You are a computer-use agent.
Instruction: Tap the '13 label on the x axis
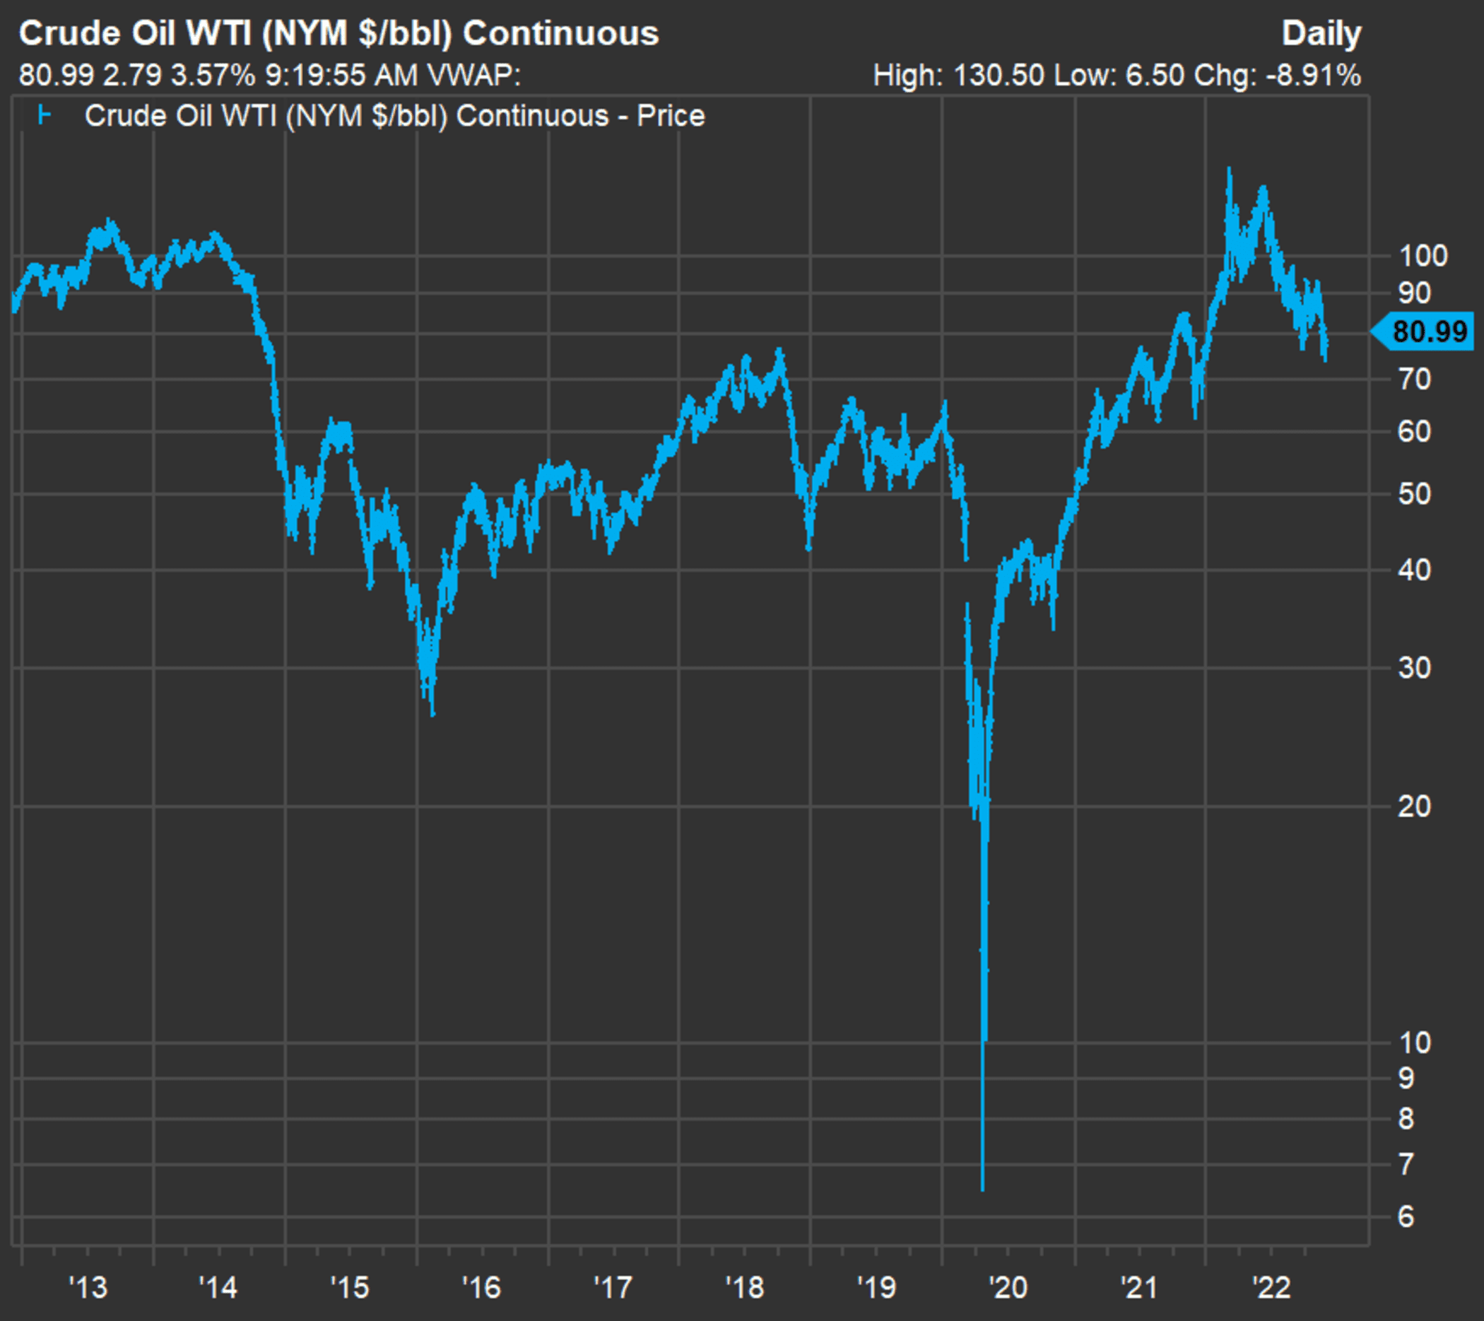click(88, 1288)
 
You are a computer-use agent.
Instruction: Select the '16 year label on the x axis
click(481, 1288)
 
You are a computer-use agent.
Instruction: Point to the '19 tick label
click(876, 1288)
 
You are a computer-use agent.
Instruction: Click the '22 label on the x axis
click(1271, 1288)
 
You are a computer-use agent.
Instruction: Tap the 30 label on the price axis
click(1414, 668)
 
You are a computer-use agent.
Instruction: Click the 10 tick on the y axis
click(1414, 1043)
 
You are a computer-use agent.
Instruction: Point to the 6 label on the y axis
click(1406, 1217)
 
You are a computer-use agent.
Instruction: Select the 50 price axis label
click(1414, 495)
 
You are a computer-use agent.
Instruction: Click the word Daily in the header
click(1321, 33)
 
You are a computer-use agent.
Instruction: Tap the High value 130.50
click(999, 76)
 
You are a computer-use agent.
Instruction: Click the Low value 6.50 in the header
click(1155, 76)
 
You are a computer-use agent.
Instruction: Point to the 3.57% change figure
click(213, 76)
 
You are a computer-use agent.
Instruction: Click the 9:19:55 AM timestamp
click(341, 76)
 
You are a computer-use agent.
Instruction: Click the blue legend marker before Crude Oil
click(45, 115)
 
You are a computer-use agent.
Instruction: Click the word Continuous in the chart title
click(560, 33)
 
